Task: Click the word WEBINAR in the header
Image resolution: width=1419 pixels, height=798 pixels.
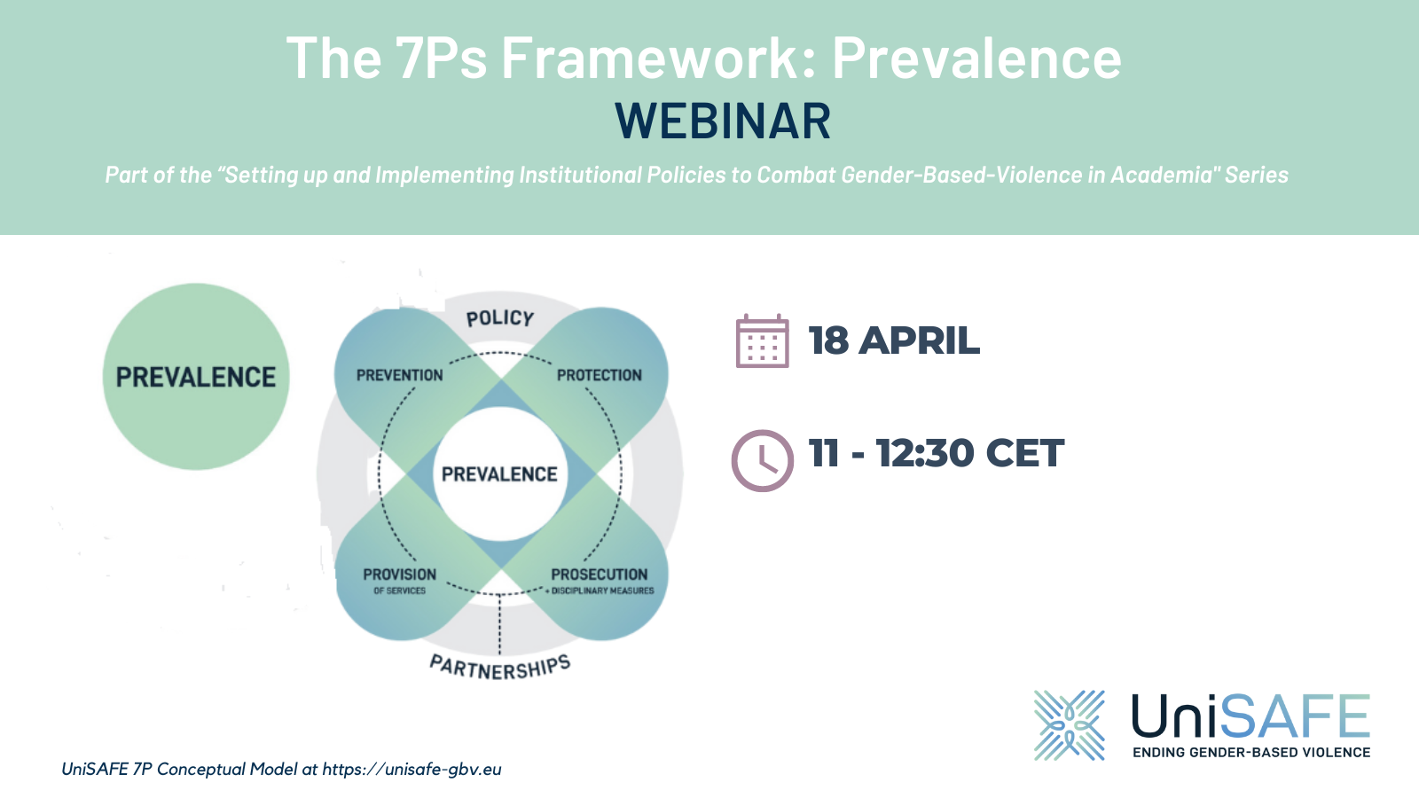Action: pos(723,121)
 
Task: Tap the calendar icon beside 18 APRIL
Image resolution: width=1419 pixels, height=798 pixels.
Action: pos(762,341)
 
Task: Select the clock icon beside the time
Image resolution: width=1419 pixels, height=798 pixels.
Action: pos(762,460)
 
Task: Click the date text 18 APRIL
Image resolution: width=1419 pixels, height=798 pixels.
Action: pos(894,341)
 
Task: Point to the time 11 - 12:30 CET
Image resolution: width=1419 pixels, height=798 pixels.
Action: pos(936,453)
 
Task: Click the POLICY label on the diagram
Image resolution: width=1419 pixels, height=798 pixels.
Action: pos(500,318)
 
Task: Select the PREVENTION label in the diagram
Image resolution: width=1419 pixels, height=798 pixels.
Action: pos(399,375)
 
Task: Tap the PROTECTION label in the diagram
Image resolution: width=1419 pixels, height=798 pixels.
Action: pos(600,375)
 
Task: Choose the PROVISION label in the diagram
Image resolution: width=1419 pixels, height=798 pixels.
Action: pos(399,575)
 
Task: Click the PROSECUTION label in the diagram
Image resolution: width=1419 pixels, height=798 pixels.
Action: pos(600,575)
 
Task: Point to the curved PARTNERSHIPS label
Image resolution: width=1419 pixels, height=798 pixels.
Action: pos(500,668)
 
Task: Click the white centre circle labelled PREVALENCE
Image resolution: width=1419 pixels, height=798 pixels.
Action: pos(500,474)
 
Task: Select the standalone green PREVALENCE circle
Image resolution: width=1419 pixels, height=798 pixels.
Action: pos(196,377)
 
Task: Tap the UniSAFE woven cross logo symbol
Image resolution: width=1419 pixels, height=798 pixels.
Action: pos(1070,725)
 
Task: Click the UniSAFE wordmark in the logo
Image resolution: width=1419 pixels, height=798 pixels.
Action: pos(1250,716)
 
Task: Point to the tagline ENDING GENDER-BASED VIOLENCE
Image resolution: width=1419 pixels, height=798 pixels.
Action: pos(1250,753)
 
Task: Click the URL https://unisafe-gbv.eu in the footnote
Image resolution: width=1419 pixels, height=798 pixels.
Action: pos(412,769)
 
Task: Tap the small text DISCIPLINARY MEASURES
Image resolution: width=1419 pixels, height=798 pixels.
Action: pos(603,591)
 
